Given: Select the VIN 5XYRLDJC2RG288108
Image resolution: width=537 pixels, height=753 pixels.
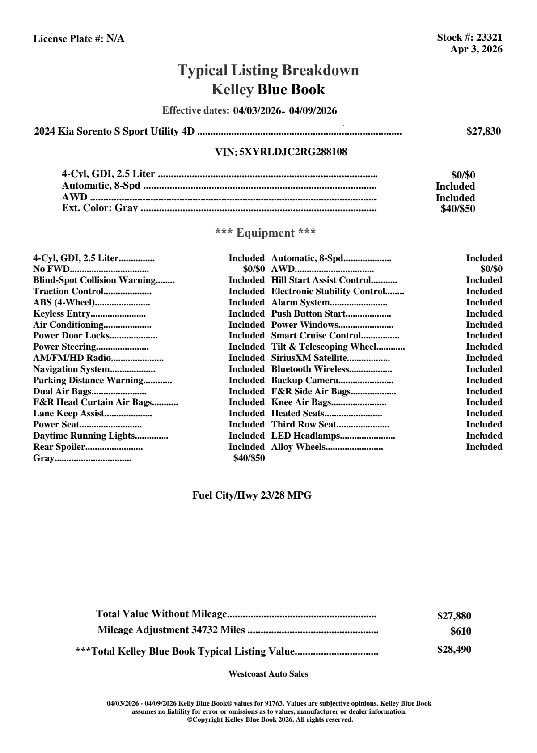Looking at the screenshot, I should (x=293, y=152).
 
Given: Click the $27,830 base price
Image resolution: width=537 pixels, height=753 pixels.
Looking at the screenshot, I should (x=483, y=131).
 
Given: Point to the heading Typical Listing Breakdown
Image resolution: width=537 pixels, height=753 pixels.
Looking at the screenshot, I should (x=268, y=70).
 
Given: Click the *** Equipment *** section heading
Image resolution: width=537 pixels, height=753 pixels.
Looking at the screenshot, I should (x=266, y=233).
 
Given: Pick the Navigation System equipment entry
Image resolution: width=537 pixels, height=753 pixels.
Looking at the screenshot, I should (x=72, y=369).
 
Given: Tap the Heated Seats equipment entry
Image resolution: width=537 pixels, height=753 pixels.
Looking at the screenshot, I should (x=298, y=414).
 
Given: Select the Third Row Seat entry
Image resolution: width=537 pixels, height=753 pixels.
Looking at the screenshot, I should (x=304, y=425).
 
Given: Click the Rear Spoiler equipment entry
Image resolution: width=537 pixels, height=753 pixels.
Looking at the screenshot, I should (x=59, y=447).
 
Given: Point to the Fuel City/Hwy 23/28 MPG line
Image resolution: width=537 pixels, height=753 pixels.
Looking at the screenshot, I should (x=252, y=495).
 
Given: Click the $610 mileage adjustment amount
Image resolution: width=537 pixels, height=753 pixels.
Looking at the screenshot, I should (x=461, y=631).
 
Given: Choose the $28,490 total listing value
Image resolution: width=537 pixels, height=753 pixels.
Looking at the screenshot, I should (x=454, y=650).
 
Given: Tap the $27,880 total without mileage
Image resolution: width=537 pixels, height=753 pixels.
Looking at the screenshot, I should (x=454, y=616).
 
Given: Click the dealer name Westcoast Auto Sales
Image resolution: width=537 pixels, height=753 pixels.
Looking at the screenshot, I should (x=268, y=674).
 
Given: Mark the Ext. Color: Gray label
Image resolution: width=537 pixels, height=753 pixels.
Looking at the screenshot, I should (x=100, y=208).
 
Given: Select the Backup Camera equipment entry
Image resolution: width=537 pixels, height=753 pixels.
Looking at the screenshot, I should (x=305, y=381).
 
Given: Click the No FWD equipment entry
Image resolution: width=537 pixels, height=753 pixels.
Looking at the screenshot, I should (x=51, y=269).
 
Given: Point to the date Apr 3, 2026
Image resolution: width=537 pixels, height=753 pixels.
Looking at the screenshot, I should (x=476, y=49).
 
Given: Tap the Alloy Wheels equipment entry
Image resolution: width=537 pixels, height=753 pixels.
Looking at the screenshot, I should (x=298, y=447).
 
